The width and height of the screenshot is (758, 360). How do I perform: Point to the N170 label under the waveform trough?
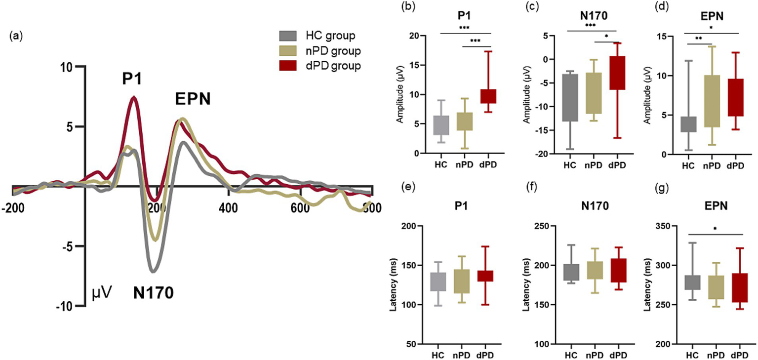point(153,293)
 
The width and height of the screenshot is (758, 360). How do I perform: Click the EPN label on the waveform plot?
point(193,99)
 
